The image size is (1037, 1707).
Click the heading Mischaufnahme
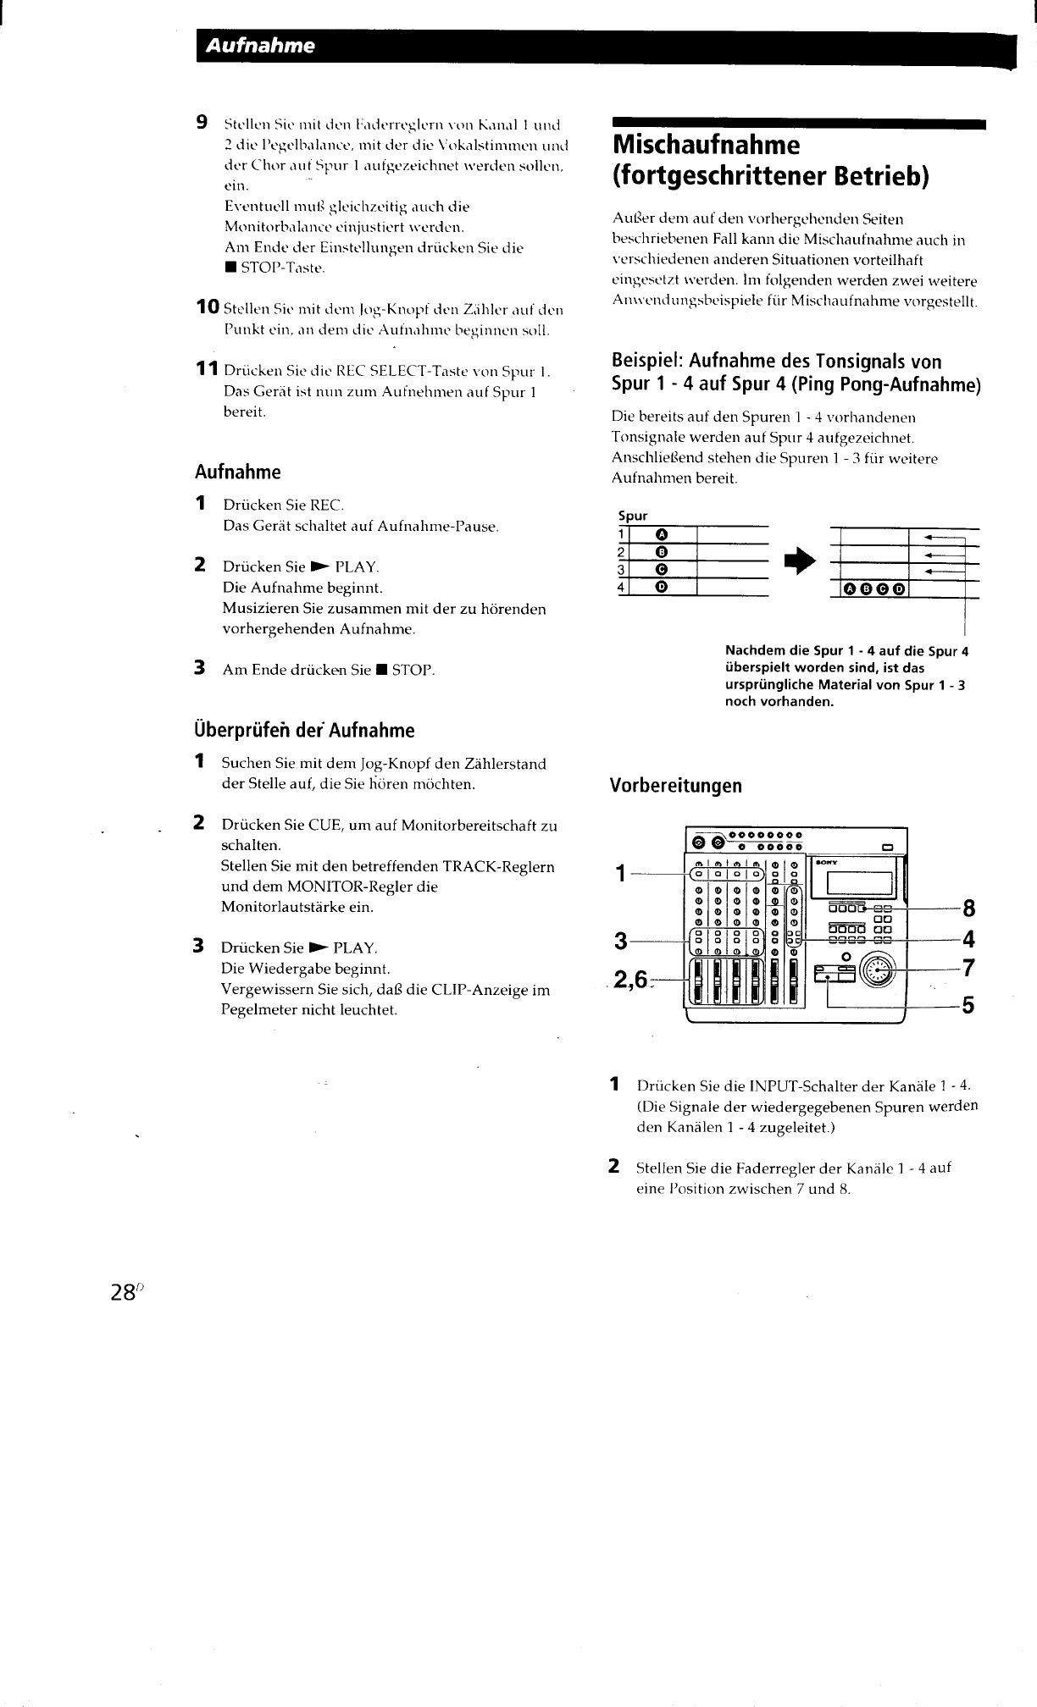(706, 145)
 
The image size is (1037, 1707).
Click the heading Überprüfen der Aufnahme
(305, 730)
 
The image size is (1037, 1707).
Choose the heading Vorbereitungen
(676, 786)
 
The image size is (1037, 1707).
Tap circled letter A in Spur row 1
(662, 534)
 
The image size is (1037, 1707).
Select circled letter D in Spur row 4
(662, 587)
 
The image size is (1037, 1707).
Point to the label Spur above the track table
(633, 516)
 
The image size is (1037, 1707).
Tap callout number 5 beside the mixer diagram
(969, 1006)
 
